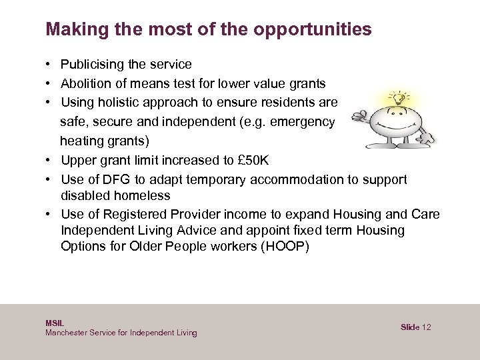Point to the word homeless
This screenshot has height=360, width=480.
click(x=143, y=196)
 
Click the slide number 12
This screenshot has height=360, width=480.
click(x=427, y=327)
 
